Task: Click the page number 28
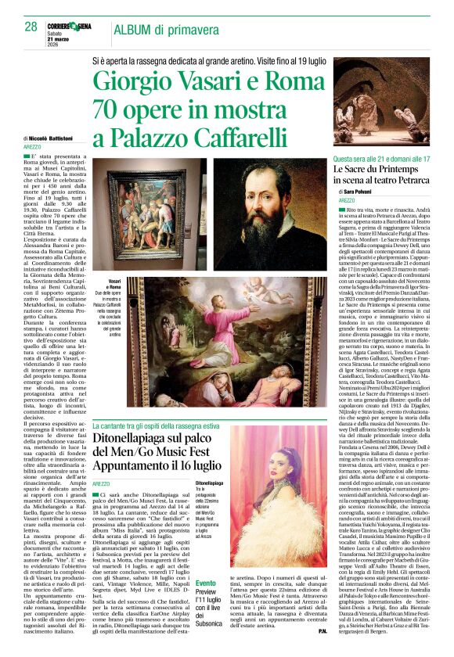coord(31,27)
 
